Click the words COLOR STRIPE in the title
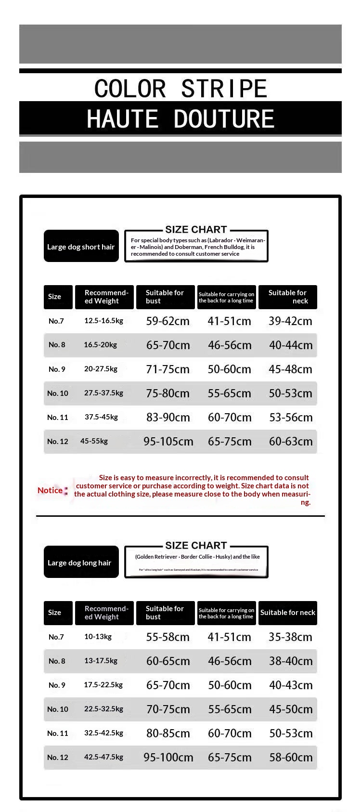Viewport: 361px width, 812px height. (x=180, y=89)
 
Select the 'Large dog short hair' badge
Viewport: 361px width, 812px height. (x=81, y=247)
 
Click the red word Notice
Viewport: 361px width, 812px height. (x=50, y=490)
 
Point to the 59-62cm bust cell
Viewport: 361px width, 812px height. (x=168, y=321)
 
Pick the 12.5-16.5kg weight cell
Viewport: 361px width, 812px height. (x=103, y=321)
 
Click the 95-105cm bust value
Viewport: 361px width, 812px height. (x=168, y=442)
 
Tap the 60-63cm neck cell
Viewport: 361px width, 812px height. (x=291, y=442)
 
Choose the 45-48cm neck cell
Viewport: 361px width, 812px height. (x=290, y=369)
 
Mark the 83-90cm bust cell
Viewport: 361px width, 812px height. (x=168, y=418)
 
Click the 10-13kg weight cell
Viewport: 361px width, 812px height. (x=98, y=637)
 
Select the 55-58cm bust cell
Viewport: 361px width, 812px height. (x=168, y=637)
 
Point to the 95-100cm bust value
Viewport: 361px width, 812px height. (x=168, y=758)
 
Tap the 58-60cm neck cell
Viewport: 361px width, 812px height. (x=291, y=758)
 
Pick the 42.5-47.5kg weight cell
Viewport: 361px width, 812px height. (x=103, y=757)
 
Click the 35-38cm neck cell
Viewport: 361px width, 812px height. (x=290, y=637)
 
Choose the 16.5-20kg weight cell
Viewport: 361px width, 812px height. (x=100, y=345)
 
